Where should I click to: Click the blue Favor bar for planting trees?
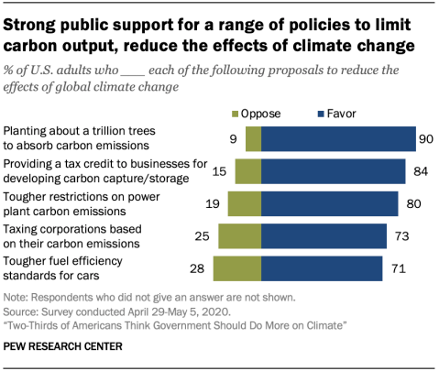click(x=339, y=138)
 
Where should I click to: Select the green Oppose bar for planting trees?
click(x=253, y=138)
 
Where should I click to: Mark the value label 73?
click(x=401, y=235)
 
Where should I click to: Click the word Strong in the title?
click(x=31, y=20)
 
